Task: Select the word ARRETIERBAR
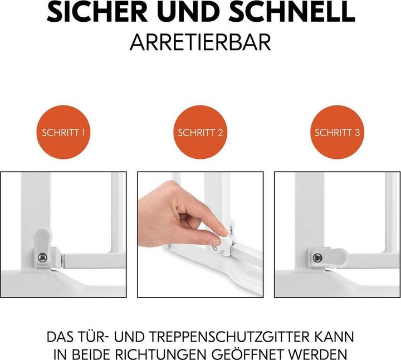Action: tap(200, 42)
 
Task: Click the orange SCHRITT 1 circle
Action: tap(63, 133)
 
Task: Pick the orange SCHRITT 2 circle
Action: tap(200, 133)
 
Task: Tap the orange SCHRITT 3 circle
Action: tap(338, 133)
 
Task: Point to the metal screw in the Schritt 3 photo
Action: tap(317, 257)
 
